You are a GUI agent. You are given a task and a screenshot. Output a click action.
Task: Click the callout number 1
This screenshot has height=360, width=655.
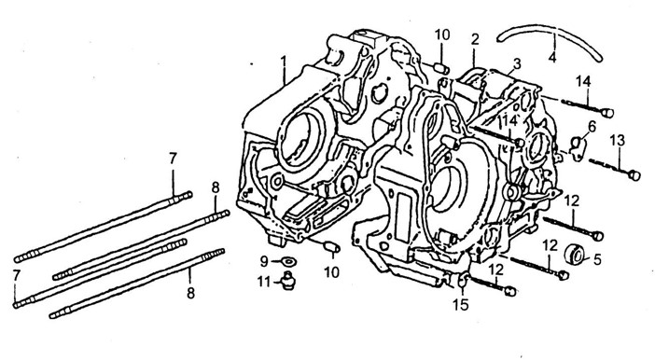284,62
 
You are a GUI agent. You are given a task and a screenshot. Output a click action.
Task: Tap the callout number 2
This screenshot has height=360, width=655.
475,39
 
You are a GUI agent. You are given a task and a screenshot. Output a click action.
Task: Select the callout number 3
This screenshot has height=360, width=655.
517,64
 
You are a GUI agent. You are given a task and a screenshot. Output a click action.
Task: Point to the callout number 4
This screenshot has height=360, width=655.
552,57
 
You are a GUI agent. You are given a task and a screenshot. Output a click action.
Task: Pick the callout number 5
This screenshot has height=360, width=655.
597,260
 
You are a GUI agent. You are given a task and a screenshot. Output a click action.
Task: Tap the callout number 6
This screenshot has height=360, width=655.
592,126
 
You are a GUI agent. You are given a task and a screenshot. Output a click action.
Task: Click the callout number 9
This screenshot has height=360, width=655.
264,262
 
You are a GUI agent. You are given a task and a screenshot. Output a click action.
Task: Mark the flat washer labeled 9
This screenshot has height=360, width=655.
288,262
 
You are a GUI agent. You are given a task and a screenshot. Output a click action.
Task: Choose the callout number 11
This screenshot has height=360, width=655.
264,283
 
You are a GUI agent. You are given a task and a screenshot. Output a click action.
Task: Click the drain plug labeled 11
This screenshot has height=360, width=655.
287,280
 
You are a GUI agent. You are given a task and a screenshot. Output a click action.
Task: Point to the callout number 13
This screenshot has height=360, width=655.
618,140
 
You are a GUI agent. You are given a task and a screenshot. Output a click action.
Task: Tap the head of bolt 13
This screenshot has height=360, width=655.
634,175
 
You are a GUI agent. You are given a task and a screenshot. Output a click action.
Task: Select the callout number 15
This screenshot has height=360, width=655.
461,305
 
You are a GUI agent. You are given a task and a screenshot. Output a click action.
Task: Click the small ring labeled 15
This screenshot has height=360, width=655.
462,280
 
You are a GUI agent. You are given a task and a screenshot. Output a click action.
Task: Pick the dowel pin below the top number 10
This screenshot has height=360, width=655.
441,68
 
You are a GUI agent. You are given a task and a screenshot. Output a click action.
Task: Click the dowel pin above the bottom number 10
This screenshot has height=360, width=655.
331,246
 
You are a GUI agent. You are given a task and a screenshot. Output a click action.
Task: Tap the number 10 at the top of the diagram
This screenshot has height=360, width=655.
442,35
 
